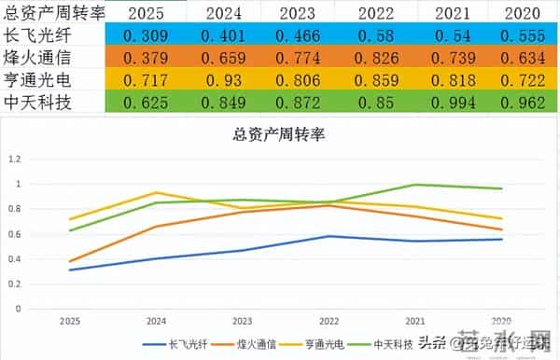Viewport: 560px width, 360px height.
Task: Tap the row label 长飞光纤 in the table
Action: tap(38, 35)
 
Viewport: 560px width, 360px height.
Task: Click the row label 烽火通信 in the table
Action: tap(38, 59)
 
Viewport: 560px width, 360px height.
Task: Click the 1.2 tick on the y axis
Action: tap(39, 159)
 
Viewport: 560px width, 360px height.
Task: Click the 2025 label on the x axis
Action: tap(70, 319)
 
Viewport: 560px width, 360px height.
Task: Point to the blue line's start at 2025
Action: tap(70, 270)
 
